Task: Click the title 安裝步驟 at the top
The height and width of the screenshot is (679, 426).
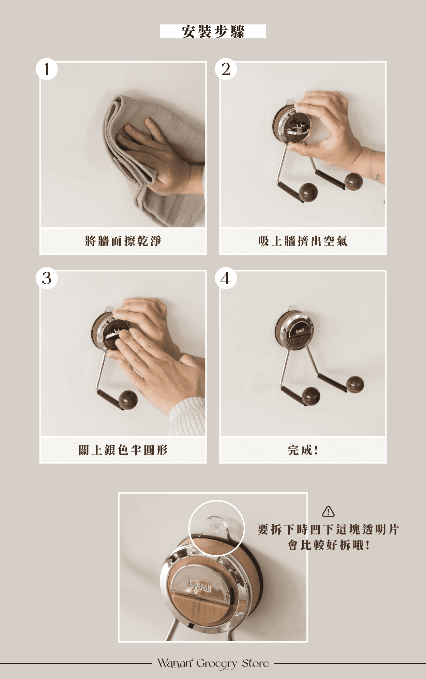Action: [213, 32]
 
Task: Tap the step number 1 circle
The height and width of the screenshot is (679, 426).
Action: [47, 69]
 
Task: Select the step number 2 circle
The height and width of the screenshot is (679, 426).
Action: [226, 69]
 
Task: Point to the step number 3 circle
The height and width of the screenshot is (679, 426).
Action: [47, 278]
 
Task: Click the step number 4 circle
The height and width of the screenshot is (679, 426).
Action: [226, 278]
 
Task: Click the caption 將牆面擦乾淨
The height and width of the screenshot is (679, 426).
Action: [123, 241]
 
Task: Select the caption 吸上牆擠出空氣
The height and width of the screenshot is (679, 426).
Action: [303, 241]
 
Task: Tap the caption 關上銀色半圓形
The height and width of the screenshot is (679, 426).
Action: [123, 450]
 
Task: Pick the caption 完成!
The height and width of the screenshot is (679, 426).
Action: [303, 450]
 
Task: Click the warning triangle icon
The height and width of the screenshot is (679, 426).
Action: [328, 511]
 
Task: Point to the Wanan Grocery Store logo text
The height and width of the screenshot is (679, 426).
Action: [213, 663]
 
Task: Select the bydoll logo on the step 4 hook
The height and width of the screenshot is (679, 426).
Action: [300, 331]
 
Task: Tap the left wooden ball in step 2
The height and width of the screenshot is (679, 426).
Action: [308, 192]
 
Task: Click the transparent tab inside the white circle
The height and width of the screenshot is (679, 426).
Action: [215, 526]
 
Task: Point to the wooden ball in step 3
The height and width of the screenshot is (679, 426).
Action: [128, 400]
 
